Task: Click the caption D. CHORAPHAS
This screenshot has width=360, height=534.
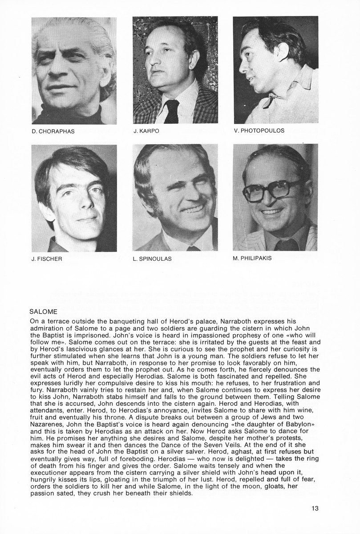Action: pyautogui.click(x=53, y=131)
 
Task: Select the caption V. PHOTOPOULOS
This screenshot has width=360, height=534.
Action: pyautogui.click(x=259, y=131)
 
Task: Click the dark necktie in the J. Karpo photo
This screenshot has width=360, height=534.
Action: pyautogui.click(x=171, y=111)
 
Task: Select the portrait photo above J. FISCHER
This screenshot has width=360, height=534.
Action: pyautogui.click(x=74, y=198)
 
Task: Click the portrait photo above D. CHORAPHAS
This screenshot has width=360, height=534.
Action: pyautogui.click(x=74, y=70)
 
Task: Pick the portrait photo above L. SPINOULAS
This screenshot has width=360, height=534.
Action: pyautogui.click(x=175, y=198)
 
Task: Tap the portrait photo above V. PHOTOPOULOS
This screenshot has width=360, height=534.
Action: pyautogui.click(x=275, y=70)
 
